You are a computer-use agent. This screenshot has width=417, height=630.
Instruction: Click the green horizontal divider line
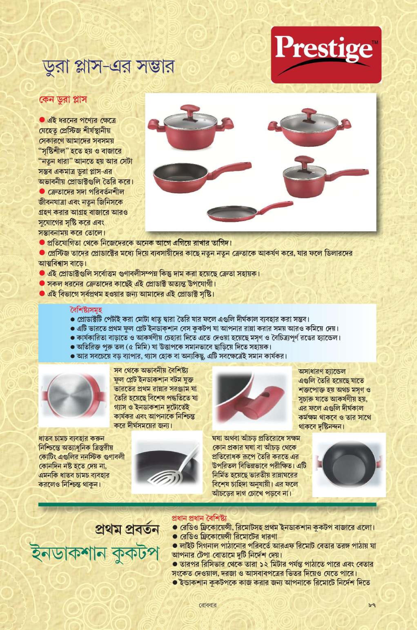[x=207, y=504]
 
